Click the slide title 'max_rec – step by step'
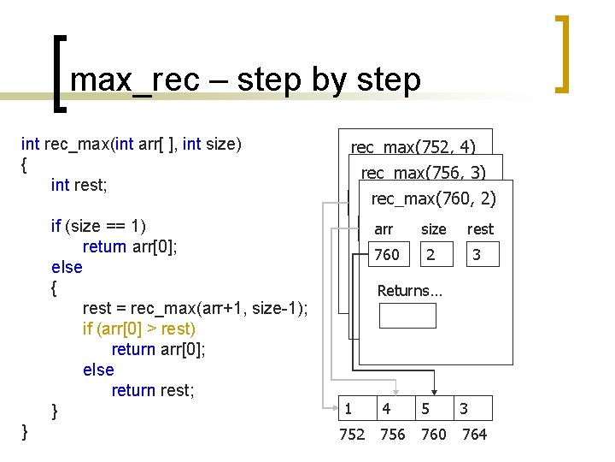(246, 80)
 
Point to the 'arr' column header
(384, 229)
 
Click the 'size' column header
(433, 229)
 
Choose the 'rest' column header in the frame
(480, 229)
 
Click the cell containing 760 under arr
(387, 255)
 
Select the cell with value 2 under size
(431, 255)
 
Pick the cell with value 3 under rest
(477, 255)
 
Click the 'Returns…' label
(410, 291)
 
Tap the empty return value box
(407, 316)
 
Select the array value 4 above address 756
(387, 409)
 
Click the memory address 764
(474, 435)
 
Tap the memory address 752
(352, 435)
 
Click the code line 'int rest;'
(85, 185)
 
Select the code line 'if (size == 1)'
(99, 226)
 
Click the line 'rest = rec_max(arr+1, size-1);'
(196, 308)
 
